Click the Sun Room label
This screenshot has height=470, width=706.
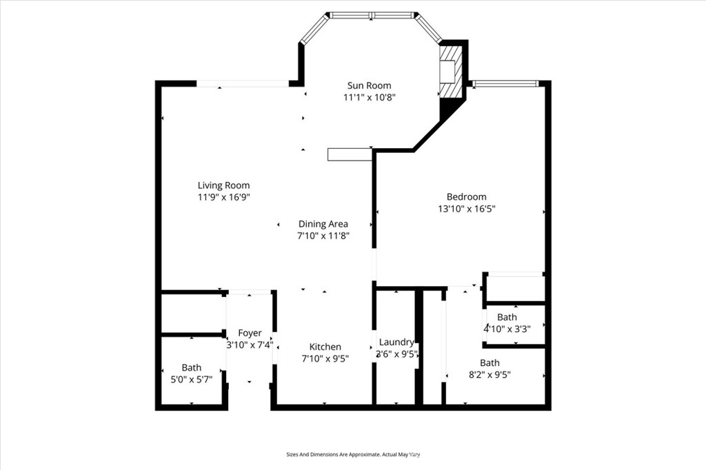(370, 85)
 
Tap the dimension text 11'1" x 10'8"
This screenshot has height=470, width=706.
(370, 97)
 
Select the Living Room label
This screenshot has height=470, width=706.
(224, 185)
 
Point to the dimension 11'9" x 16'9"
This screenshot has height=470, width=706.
(224, 196)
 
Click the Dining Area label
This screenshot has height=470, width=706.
(323, 224)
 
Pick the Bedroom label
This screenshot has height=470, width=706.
(467, 196)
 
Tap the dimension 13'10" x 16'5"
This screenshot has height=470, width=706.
(467, 208)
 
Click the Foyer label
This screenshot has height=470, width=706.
(250, 333)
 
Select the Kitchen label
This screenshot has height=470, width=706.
(325, 347)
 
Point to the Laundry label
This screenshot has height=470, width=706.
(396, 342)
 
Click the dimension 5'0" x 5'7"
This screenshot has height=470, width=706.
(192, 380)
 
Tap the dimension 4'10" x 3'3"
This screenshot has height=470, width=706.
(507, 329)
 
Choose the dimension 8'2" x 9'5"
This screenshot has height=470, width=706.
(490, 375)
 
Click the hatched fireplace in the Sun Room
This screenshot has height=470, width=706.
(451, 70)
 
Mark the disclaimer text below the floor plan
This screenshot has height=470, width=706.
(354, 455)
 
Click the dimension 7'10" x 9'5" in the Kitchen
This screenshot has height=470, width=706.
(325, 358)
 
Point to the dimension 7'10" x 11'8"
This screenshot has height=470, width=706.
(323, 236)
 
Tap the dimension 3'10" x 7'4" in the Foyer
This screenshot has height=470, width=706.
(250, 345)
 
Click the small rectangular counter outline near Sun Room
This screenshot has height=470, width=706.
(350, 154)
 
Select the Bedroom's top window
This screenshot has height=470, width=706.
(505, 83)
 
